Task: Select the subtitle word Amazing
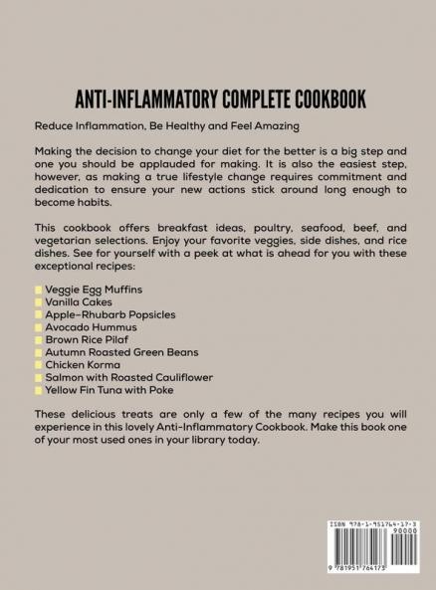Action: tap(271, 126)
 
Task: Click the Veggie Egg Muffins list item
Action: tap(95, 290)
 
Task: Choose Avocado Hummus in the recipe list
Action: tap(93, 327)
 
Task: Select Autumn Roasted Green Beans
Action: tap(121, 353)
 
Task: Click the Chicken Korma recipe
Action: tap(88, 366)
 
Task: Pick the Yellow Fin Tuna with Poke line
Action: tap(114, 392)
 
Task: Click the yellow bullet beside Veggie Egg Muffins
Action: tap(38, 290)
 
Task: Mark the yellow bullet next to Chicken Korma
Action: tap(38, 366)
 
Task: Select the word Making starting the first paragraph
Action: tap(57, 149)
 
